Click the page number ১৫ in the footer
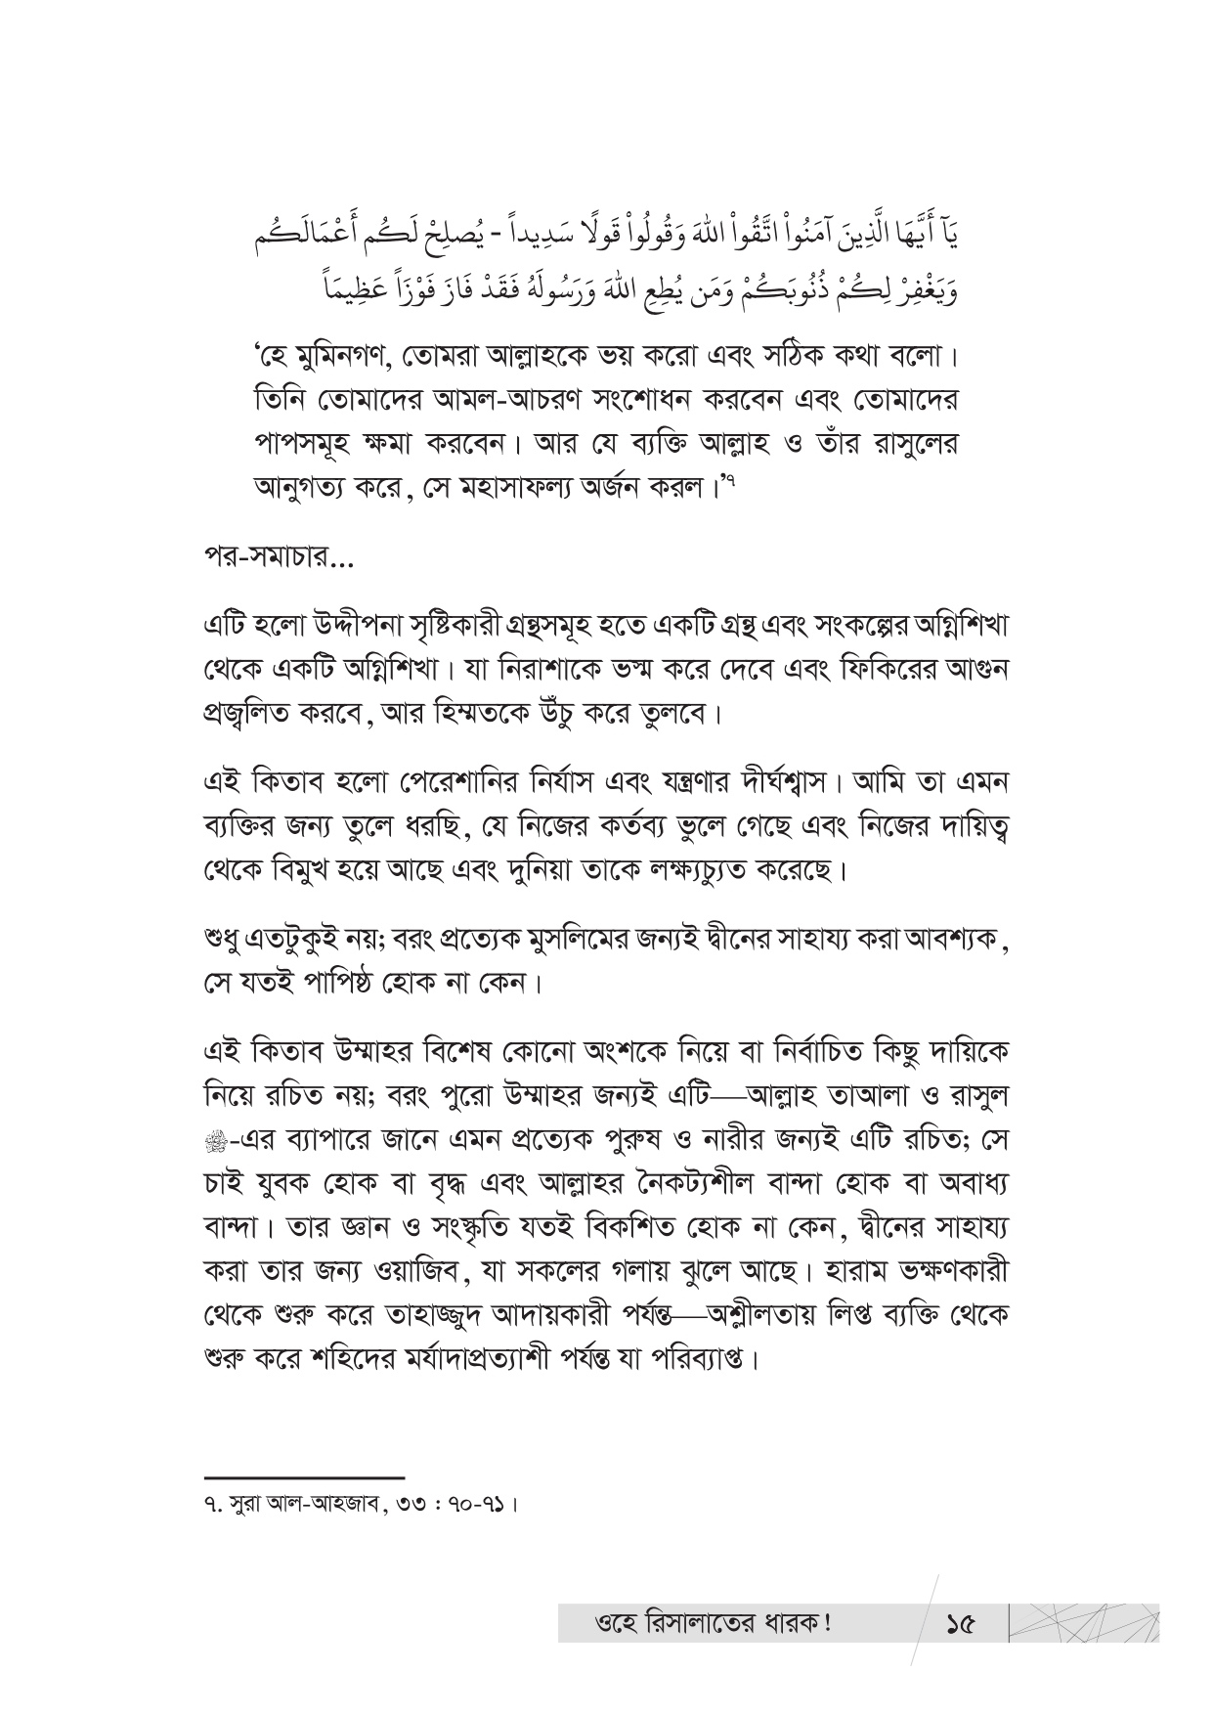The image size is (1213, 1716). tap(961, 1625)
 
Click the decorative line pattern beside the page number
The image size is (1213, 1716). tap(1085, 1623)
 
